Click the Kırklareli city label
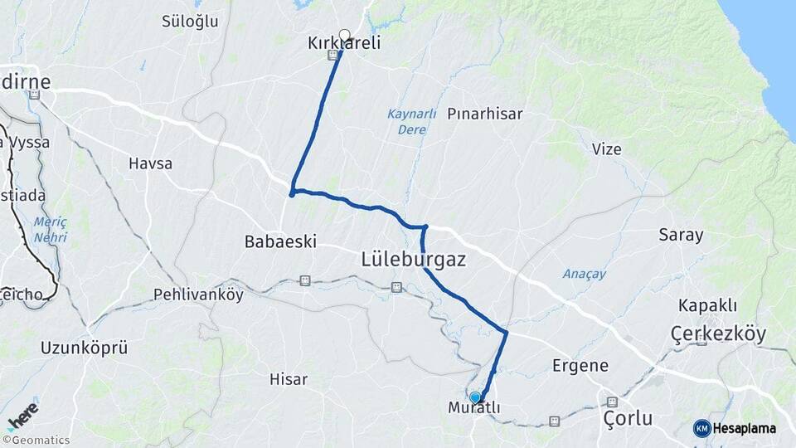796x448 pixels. pyautogui.click(x=344, y=43)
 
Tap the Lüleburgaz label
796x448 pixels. pyautogui.click(x=414, y=260)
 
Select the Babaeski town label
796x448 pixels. pyautogui.click(x=280, y=241)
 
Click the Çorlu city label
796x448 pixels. pyautogui.click(x=628, y=417)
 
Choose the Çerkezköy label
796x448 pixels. pyautogui.click(x=717, y=334)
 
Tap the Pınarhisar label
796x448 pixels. pyautogui.click(x=485, y=114)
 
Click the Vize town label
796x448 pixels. pyautogui.click(x=606, y=149)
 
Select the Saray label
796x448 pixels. pyautogui.click(x=681, y=235)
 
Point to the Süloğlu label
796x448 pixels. pyautogui.click(x=189, y=22)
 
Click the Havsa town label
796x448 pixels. pyautogui.click(x=150, y=163)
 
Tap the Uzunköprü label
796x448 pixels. pyautogui.click(x=84, y=348)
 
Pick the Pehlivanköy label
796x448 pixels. pyautogui.click(x=198, y=295)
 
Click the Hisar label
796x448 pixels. pyautogui.click(x=289, y=379)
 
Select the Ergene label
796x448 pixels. pyautogui.click(x=580, y=365)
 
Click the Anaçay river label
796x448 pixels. pyautogui.click(x=585, y=274)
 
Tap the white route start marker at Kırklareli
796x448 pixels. pyautogui.click(x=344, y=35)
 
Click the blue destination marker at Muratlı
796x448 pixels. pyautogui.click(x=475, y=397)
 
